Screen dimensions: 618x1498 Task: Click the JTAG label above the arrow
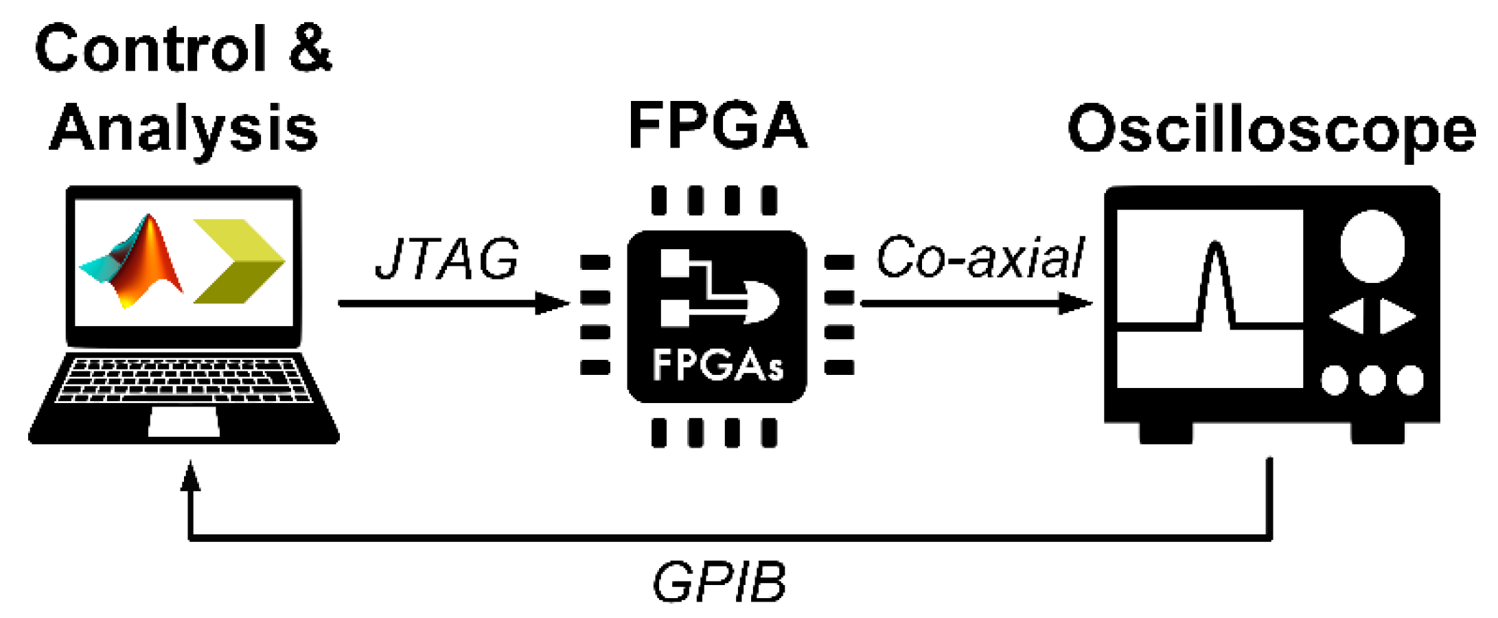coord(447,259)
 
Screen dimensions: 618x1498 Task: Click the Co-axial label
coord(980,257)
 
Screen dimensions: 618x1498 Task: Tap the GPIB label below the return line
coord(719,582)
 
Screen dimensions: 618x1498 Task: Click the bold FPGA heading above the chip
coord(717,125)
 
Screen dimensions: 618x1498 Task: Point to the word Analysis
coord(184,128)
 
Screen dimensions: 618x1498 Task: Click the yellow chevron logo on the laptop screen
coord(240,261)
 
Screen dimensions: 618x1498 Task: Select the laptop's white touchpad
coord(184,422)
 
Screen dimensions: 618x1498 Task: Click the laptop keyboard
coord(184,379)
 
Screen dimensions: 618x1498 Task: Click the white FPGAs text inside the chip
coord(717,365)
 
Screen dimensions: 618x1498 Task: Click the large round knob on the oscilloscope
coord(1372,246)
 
